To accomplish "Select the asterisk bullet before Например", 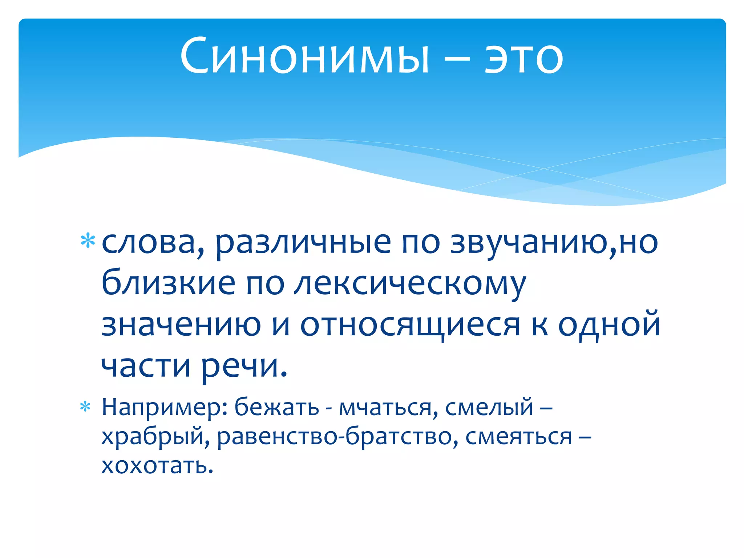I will coord(85,407).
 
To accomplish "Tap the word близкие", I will coord(168,283).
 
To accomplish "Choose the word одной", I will coord(609,324).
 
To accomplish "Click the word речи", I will coord(244,365).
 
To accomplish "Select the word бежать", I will coord(276,407).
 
